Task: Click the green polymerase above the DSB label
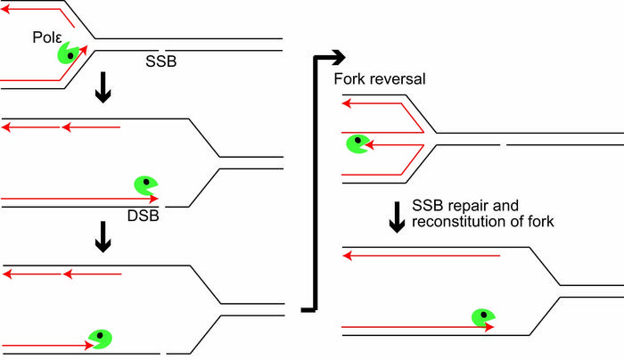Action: click(145, 185)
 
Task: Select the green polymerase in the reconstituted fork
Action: click(482, 315)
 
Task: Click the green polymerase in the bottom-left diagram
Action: click(99, 338)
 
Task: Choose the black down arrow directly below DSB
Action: click(103, 235)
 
